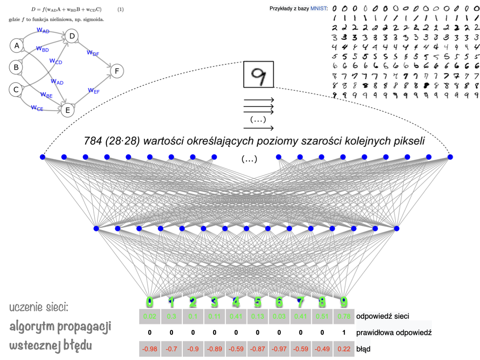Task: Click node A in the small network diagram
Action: [x=17, y=45]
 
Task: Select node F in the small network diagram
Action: [x=117, y=71]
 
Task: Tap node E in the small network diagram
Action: [x=67, y=110]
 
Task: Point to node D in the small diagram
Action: [x=72, y=36]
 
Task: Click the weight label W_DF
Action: [x=93, y=53]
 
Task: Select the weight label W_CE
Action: [x=37, y=107]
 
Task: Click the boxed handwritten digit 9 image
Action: [x=258, y=75]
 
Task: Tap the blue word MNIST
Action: [x=319, y=8]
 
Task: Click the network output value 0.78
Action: [x=344, y=316]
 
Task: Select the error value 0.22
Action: [x=344, y=349]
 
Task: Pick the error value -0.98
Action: [x=150, y=349]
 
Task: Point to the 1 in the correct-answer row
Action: [x=344, y=333]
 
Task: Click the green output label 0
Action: [x=150, y=302]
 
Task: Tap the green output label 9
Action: [x=344, y=302]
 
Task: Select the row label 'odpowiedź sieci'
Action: [x=382, y=316]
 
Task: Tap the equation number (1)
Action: [x=120, y=9]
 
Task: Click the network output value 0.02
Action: [x=150, y=316]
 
